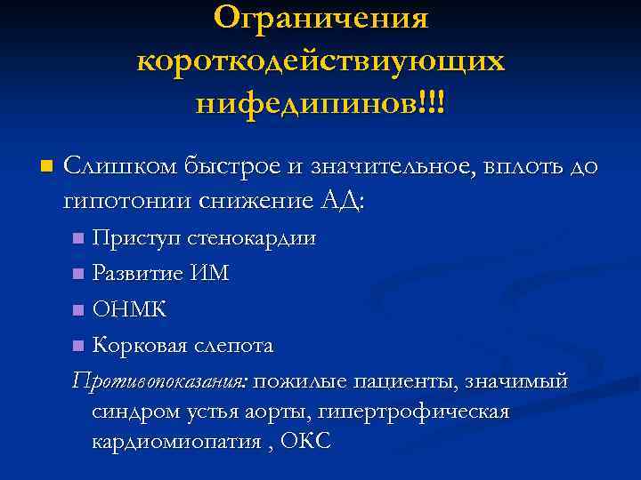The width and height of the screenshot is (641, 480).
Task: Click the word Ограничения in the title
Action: pyautogui.click(x=321, y=17)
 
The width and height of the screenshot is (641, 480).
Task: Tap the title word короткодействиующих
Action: pyautogui.click(x=320, y=60)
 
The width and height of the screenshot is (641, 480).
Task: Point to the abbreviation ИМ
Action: pyautogui.click(x=210, y=274)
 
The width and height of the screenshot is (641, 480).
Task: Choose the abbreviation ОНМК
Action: pyautogui.click(x=129, y=309)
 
